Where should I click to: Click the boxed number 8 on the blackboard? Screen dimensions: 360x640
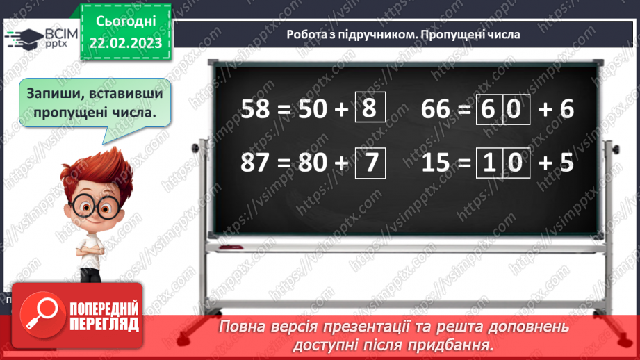(370, 109)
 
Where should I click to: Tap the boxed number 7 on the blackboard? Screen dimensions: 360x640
(370, 162)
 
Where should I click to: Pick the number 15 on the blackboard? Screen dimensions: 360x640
(438, 163)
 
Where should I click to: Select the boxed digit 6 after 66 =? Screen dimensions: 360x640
(489, 110)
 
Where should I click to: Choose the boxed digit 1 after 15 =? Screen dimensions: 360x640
(489, 163)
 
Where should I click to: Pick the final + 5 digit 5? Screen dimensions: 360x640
(566, 163)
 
